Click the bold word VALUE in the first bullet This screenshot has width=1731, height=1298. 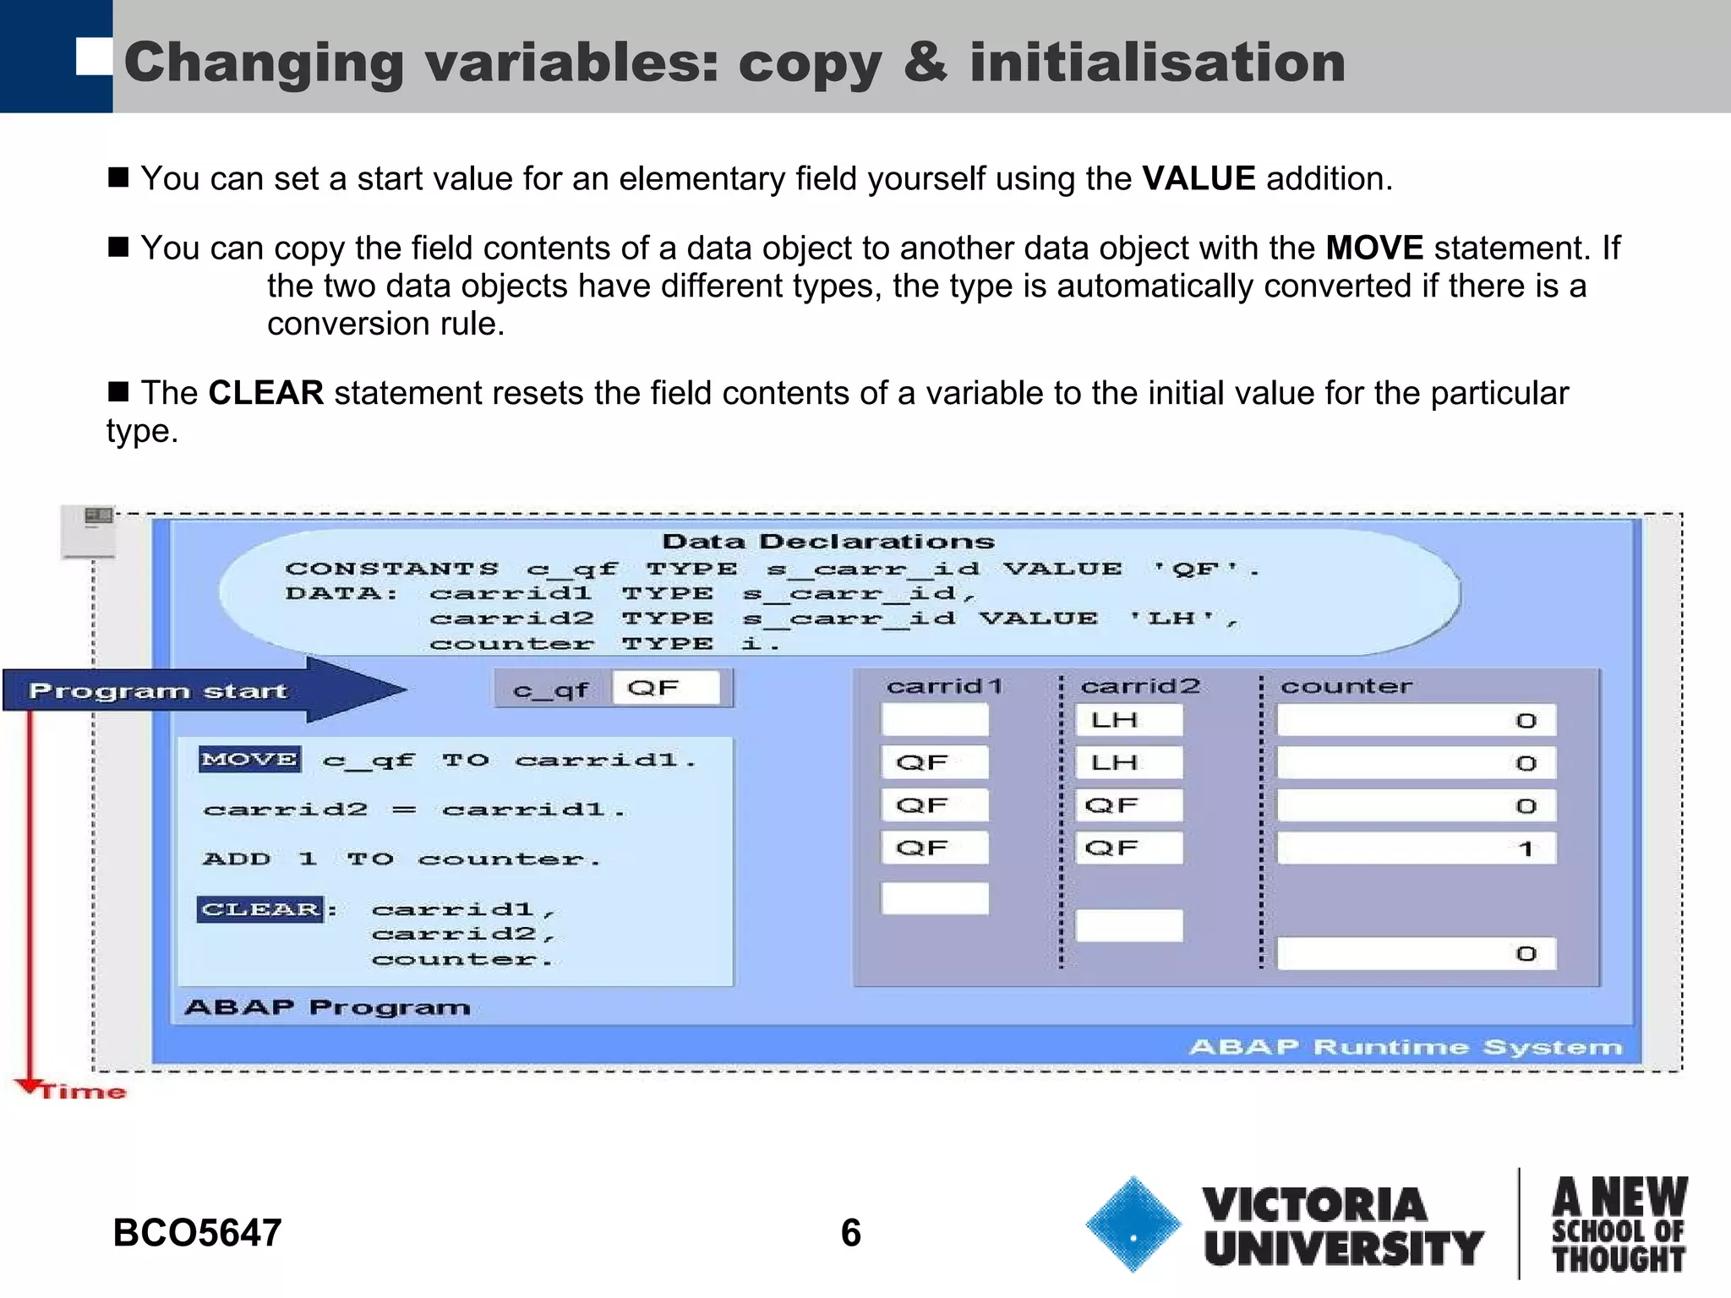(1199, 178)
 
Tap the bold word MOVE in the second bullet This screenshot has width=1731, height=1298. (1374, 248)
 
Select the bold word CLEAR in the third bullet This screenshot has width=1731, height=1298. (265, 393)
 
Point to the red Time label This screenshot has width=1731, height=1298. (83, 1092)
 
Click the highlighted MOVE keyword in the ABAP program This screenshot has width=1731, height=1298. (249, 759)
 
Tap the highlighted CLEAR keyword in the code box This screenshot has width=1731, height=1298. (260, 909)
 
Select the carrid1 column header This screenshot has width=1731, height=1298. (944, 686)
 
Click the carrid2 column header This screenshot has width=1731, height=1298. (1140, 686)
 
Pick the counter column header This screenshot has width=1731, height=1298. (1346, 686)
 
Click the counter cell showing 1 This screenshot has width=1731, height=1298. (1416, 848)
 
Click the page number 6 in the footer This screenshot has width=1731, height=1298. (850, 1233)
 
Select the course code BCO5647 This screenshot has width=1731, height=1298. (197, 1233)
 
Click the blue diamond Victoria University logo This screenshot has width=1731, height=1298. (1133, 1224)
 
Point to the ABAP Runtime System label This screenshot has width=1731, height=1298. (1406, 1048)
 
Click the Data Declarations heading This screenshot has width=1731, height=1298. (828, 542)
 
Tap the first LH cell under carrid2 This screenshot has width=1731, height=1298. (1128, 721)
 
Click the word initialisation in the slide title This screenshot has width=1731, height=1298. (1157, 63)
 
